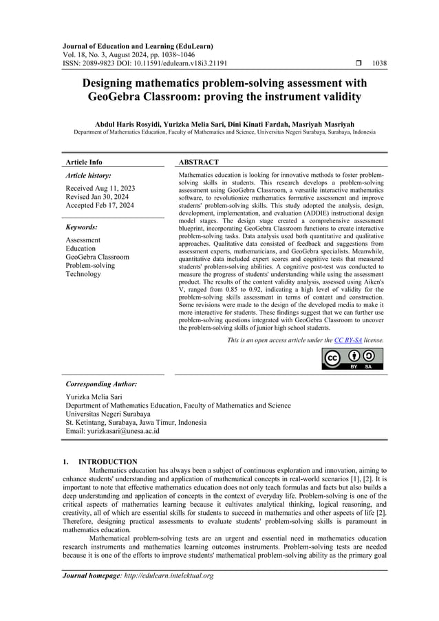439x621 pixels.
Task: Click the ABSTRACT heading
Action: [x=199, y=162]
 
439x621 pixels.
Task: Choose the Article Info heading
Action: [x=83, y=162]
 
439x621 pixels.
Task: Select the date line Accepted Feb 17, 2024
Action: [x=100, y=205]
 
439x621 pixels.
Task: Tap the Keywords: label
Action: [x=81, y=227]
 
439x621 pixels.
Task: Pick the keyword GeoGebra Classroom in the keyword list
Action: [x=97, y=257]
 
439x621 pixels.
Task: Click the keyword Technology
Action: [x=83, y=274]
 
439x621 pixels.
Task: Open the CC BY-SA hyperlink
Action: [x=347, y=340]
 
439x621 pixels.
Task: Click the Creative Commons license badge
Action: [x=352, y=359]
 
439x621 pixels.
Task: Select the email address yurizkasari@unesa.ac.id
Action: [x=122, y=431]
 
